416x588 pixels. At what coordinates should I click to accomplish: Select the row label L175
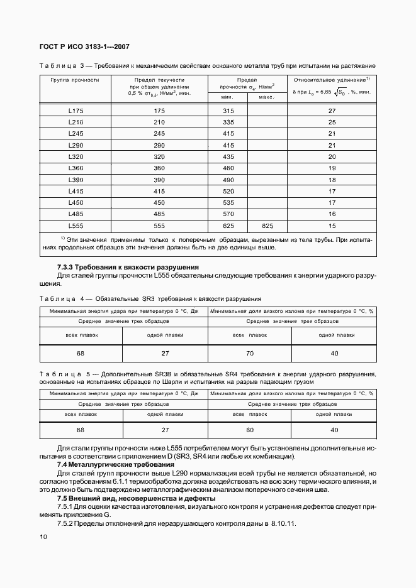pyautogui.click(x=76, y=111)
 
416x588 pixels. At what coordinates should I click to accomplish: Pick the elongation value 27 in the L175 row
pyautogui.click(x=332, y=111)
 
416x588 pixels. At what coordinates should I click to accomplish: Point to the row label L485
pyautogui.click(x=76, y=213)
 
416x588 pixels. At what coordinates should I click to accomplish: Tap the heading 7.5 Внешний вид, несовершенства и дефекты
pyautogui.click(x=137, y=498)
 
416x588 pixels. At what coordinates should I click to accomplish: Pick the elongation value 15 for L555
pyautogui.click(x=332, y=224)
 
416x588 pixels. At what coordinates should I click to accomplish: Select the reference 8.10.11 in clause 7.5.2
pyautogui.click(x=283, y=523)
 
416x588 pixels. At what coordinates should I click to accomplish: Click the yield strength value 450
pyautogui.click(x=159, y=202)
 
